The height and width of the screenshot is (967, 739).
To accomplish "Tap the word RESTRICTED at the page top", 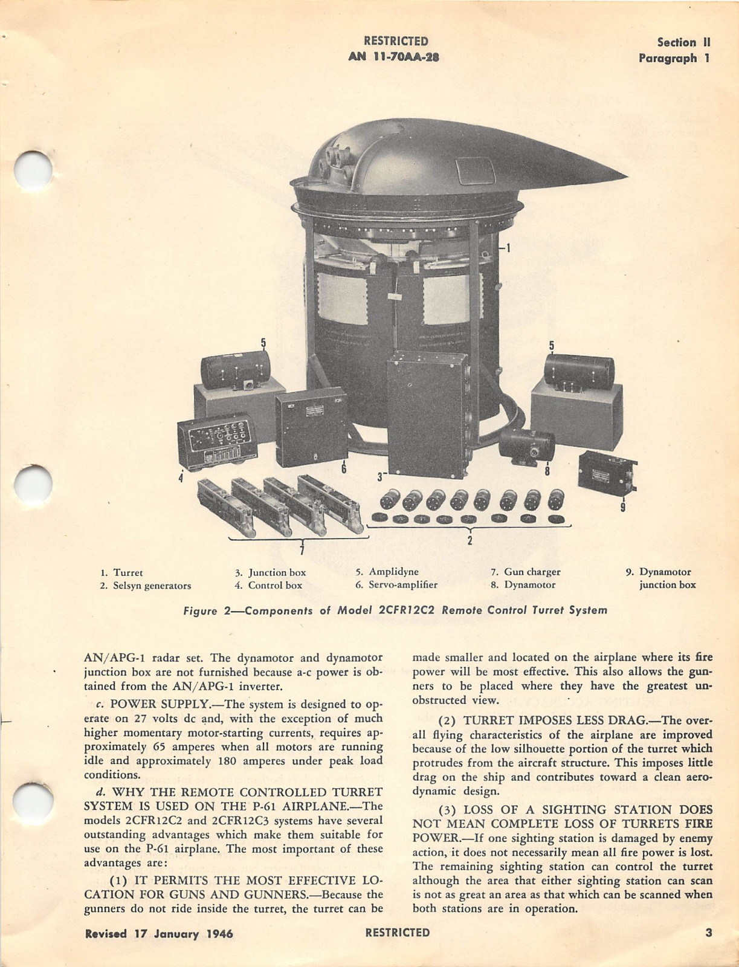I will point(396,41).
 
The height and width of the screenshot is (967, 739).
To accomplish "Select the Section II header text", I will point(683,42).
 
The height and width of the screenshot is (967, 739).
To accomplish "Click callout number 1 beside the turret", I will point(508,247).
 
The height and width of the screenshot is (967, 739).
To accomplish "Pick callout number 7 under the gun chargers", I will point(302,548).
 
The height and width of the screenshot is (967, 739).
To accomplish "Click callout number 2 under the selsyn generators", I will point(470,540).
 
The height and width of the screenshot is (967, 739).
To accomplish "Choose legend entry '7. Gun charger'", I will point(525,572).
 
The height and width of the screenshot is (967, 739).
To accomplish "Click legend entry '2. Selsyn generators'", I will point(145,585).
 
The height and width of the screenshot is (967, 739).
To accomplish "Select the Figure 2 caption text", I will point(395,610).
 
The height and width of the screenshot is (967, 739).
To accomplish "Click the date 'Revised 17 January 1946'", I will point(159,933).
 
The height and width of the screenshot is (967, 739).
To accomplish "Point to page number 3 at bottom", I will point(709,933).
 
